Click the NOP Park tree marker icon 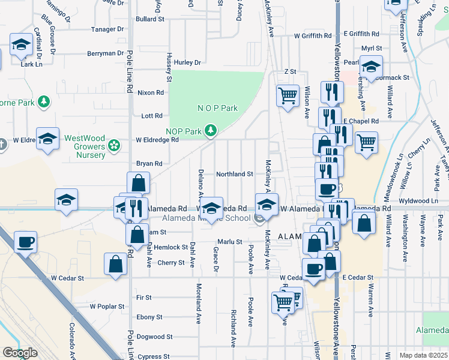pyautogui.click(x=210, y=130)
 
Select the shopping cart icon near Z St pyautogui.click(x=288, y=95)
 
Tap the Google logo pyautogui.click(x=20, y=353)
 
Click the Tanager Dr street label pyautogui.click(x=107, y=29)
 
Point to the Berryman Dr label pyautogui.click(x=105, y=53)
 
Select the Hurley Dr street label pyautogui.click(x=188, y=62)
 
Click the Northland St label pyautogui.click(x=234, y=174)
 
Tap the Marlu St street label pyautogui.click(x=229, y=242)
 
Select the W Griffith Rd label pyautogui.click(x=312, y=35)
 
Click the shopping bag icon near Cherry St pyautogui.click(x=115, y=263)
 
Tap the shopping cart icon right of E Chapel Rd pyautogui.click(x=366, y=143)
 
